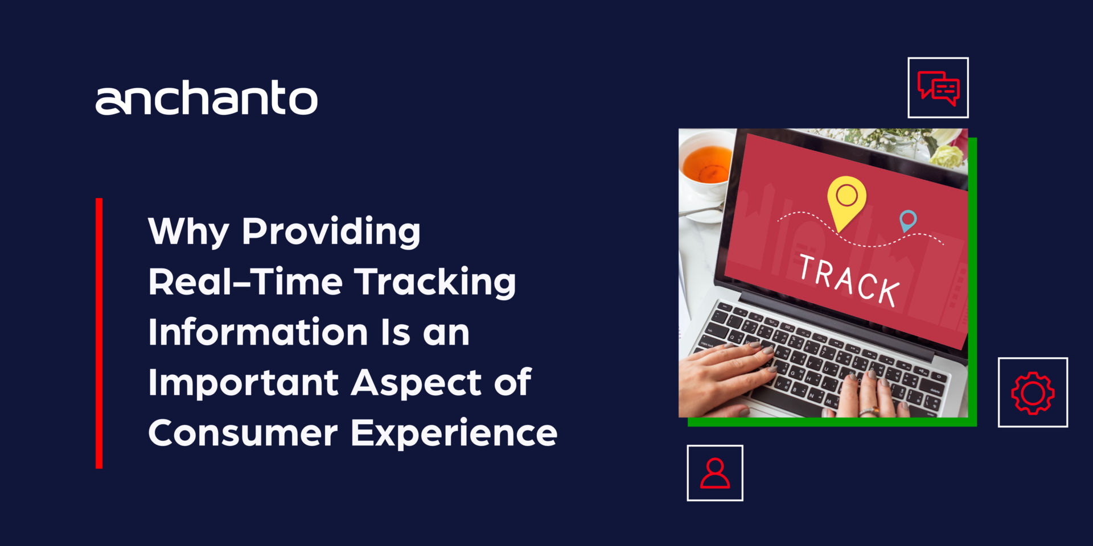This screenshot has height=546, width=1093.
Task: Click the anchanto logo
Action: pos(206,98)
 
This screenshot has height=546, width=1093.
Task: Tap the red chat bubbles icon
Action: pos(938,88)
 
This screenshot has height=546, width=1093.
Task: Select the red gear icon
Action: pos(1033,392)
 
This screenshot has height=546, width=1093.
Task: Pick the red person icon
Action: pos(715,473)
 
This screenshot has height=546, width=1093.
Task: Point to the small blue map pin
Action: pos(908,220)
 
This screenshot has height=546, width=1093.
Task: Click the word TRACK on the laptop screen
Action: pos(849,280)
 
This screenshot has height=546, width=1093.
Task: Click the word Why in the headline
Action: pos(188,231)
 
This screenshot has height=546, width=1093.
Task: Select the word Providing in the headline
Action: pos(331,231)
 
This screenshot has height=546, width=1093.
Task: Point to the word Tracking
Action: pos(435,282)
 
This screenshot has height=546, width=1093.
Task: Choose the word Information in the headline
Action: pos(258,332)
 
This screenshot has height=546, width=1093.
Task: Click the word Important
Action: pos(243,382)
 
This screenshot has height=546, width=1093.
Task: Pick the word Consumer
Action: pos(243,433)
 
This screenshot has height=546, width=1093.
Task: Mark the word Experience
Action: pos(454,433)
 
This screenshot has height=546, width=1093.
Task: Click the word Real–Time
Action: pos(245,282)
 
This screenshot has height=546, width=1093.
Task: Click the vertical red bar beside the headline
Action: pos(99,333)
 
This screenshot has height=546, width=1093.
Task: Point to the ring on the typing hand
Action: pos(868,411)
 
